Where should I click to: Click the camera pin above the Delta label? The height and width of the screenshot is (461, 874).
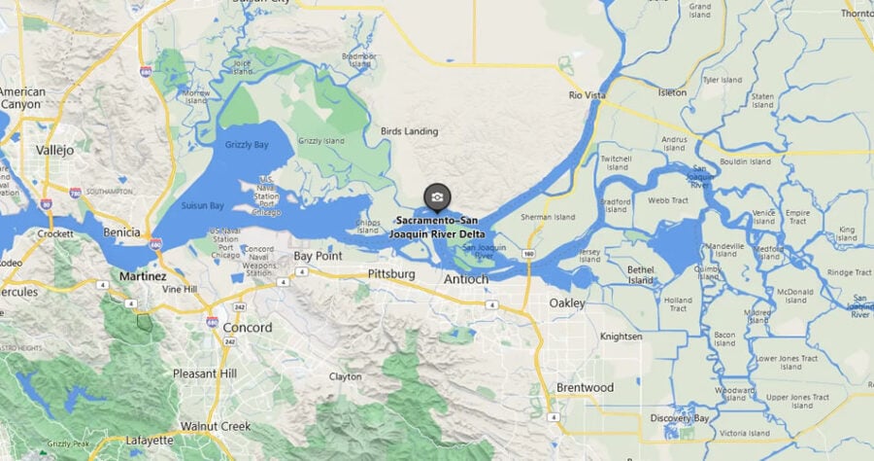(438, 197)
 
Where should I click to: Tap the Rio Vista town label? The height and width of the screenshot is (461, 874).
(588, 94)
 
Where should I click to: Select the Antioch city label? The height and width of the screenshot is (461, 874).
(466, 279)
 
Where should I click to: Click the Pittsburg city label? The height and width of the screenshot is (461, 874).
(391, 274)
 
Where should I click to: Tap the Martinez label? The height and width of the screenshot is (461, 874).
(142, 276)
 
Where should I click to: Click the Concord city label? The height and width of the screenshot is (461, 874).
(248, 328)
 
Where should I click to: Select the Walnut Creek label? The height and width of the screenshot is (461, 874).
(215, 427)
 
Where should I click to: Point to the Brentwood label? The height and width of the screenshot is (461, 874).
(585, 387)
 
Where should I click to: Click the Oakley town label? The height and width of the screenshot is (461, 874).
(567, 303)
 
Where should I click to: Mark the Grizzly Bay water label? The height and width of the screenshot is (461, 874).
(246, 145)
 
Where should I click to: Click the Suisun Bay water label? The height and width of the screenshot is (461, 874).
(202, 206)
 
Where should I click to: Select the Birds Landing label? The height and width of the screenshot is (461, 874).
(409, 131)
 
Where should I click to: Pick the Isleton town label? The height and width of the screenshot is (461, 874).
(672, 92)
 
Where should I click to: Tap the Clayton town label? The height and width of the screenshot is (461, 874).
(346, 376)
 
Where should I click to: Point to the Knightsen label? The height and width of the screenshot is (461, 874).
(621, 337)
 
